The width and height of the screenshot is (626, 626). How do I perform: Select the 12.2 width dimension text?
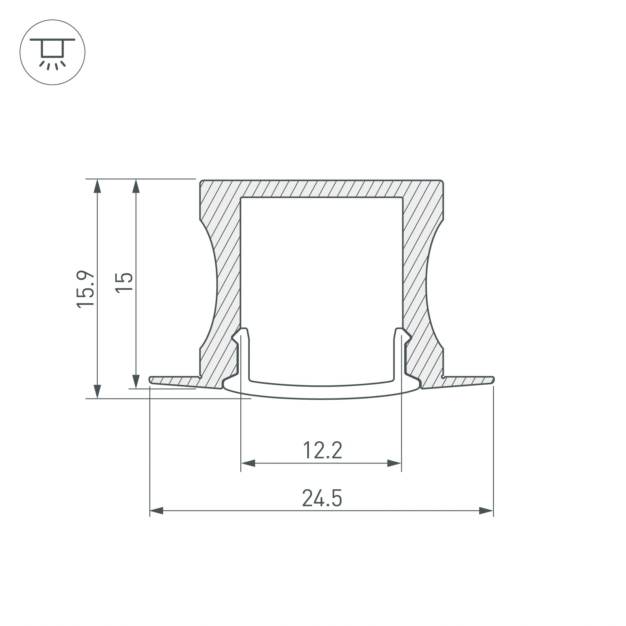point(322,450)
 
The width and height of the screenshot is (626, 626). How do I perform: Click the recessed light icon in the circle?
point(52,53)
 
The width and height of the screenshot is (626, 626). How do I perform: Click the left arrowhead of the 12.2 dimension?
point(248,463)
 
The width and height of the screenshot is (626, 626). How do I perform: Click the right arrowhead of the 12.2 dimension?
point(394,463)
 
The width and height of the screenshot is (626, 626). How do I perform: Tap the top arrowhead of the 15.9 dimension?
point(97,186)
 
